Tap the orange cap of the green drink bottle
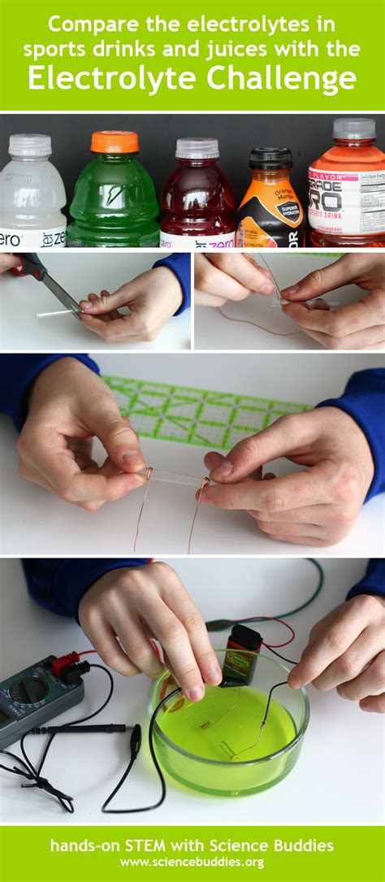point(114,142)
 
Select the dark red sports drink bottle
point(197,199)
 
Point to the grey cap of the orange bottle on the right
point(354,128)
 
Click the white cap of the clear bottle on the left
point(30,145)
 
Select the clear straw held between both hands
point(175,478)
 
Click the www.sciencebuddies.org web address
point(192,862)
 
